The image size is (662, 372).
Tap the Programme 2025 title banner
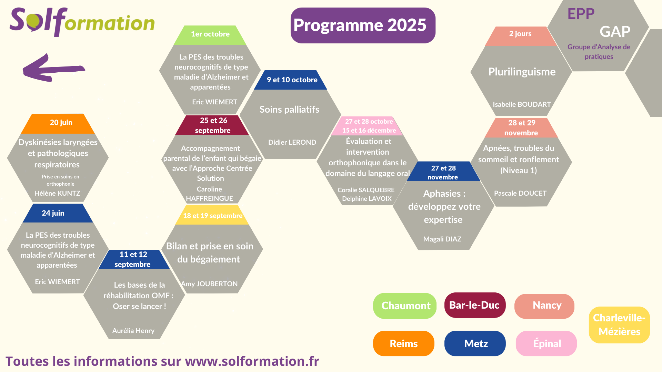point(363,25)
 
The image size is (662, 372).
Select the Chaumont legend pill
point(405,306)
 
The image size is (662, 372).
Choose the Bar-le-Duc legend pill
point(475,305)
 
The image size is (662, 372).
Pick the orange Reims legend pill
point(404,343)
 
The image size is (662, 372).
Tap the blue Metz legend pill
point(475,343)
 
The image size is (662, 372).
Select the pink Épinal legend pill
point(546,343)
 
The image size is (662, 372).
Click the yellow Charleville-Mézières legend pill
point(619,325)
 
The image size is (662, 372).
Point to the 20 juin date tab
point(58,123)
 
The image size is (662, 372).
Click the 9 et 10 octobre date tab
point(291,80)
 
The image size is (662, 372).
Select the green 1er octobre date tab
point(210,35)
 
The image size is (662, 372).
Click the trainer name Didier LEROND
point(292,142)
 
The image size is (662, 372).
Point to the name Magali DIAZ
point(442,239)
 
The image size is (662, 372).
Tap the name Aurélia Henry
point(133,331)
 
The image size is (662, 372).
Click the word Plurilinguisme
point(522,72)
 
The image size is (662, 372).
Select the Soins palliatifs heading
point(289,110)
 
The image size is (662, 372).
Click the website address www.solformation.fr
point(252,361)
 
